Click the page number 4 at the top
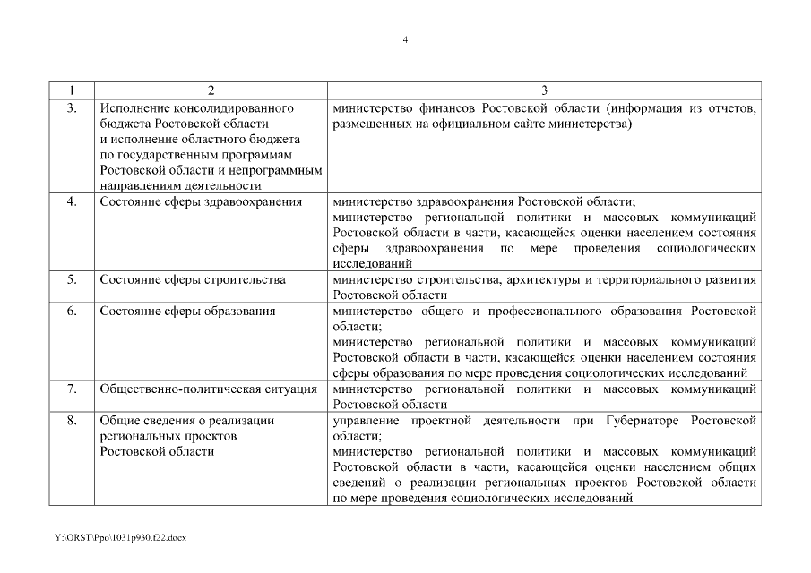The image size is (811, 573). pyautogui.click(x=405, y=40)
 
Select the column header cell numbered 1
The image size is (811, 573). pyautogui.click(x=72, y=90)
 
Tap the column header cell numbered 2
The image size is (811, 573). pyautogui.click(x=211, y=90)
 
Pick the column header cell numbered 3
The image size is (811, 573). pyautogui.click(x=544, y=90)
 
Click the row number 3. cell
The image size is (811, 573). pyautogui.click(x=72, y=108)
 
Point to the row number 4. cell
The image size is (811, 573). pyautogui.click(x=72, y=201)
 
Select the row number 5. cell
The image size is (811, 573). pyautogui.click(x=72, y=279)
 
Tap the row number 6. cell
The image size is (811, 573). pyautogui.click(x=72, y=311)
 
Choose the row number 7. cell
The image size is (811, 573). pyautogui.click(x=72, y=389)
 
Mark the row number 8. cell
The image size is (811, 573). pyautogui.click(x=72, y=421)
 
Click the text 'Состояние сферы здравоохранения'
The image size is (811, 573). pyautogui.click(x=201, y=201)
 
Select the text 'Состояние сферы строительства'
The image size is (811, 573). pyautogui.click(x=193, y=279)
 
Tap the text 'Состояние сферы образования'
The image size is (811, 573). pyautogui.click(x=187, y=311)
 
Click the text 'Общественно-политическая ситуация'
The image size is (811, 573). pyautogui.click(x=208, y=389)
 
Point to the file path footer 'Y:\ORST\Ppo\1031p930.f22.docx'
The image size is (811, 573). pyautogui.click(x=119, y=536)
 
